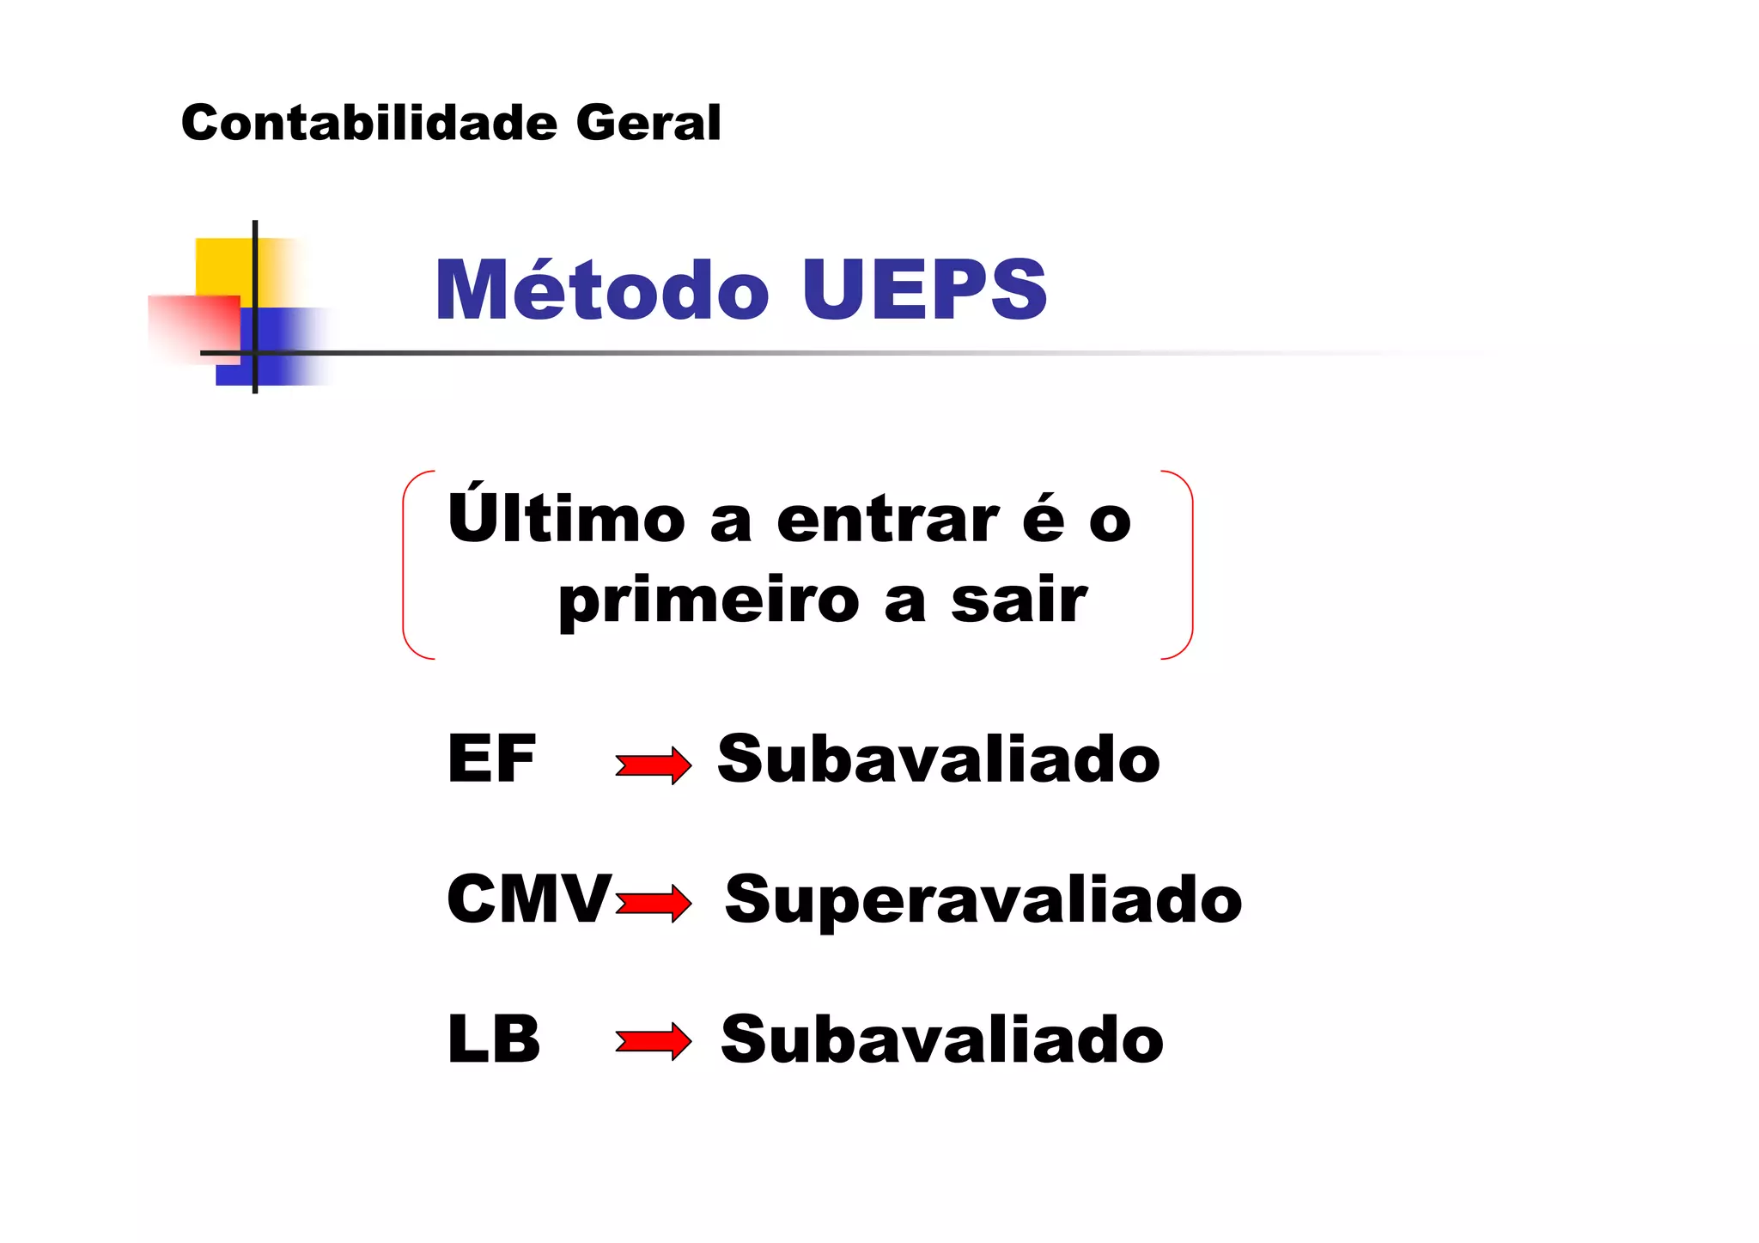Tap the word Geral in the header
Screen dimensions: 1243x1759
click(x=648, y=123)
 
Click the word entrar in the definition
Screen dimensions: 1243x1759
click(x=887, y=521)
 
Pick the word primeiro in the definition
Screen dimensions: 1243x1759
click(x=709, y=601)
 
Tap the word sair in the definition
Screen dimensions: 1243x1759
click(x=1019, y=600)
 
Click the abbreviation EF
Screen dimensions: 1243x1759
click(x=491, y=759)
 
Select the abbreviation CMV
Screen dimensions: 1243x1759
click(x=529, y=899)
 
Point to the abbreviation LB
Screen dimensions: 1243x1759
click(x=494, y=1039)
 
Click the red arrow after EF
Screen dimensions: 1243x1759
click(x=653, y=765)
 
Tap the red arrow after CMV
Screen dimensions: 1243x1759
click(x=653, y=904)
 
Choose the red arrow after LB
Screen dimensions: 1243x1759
click(x=653, y=1042)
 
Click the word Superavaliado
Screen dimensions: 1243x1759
click(x=983, y=899)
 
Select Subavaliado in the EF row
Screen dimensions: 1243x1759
click(x=939, y=759)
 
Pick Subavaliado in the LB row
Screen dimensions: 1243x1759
click(x=942, y=1039)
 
